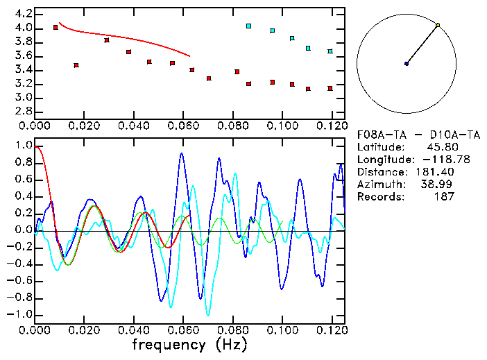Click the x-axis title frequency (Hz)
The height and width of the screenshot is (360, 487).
[x=189, y=344]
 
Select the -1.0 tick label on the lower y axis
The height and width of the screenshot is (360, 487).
[x=19, y=314]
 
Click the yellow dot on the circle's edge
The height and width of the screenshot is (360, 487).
[x=438, y=25]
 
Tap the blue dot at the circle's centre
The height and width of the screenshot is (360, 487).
[x=407, y=64]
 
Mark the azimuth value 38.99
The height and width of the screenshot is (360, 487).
[x=438, y=185]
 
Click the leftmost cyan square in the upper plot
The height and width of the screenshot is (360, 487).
[x=248, y=26]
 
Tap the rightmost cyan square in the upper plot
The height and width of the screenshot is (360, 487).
[x=330, y=51]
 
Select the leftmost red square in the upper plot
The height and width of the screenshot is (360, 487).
[x=55, y=27]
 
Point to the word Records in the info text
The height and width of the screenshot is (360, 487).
[x=378, y=197]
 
